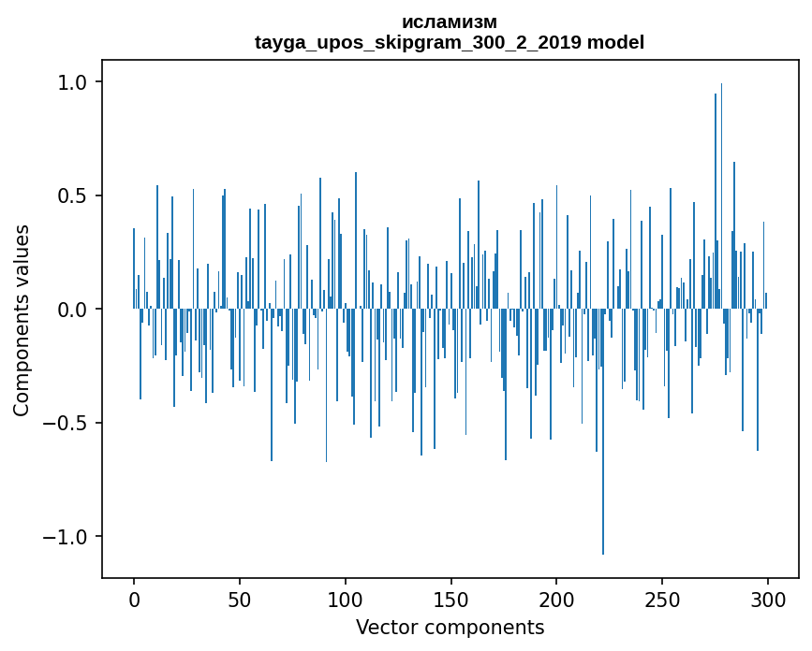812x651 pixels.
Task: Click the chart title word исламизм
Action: point(450,22)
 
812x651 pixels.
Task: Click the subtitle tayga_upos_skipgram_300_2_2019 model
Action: point(450,42)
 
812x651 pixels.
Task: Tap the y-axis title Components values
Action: point(22,320)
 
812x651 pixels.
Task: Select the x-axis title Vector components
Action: point(450,627)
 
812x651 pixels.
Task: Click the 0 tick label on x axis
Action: point(134,599)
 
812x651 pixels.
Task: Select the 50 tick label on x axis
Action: point(240,599)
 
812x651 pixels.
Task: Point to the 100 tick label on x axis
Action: point(346,599)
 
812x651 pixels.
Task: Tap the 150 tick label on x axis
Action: point(450,599)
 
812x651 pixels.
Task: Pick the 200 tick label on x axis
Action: point(556,599)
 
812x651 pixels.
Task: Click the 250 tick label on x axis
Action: point(662,599)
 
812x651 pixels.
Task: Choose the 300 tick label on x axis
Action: point(768,599)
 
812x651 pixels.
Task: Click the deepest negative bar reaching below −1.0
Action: point(603,468)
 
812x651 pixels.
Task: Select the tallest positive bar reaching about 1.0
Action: point(721,187)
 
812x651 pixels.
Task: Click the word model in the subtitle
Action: point(615,42)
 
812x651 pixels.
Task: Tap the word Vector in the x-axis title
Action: point(384,627)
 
